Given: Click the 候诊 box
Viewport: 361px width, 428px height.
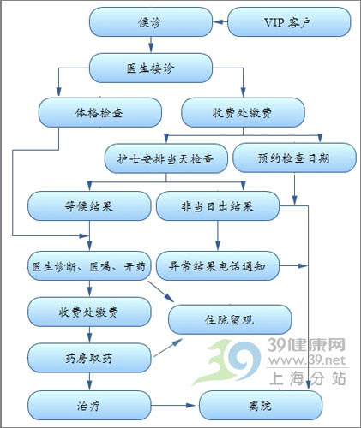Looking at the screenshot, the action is tap(151, 22).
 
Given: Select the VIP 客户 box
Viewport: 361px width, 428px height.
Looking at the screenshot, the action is tap(289, 22).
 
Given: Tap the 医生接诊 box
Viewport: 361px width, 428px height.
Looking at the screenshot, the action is tap(151, 68).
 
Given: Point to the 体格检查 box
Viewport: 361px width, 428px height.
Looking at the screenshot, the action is tap(100, 112).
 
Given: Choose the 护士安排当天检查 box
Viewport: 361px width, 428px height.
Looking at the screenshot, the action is tap(166, 158).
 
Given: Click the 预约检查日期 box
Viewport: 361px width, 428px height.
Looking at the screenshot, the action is tap(294, 158).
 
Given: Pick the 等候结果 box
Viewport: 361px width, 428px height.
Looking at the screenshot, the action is tap(89, 205).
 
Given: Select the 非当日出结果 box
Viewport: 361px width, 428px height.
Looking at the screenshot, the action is tap(218, 205).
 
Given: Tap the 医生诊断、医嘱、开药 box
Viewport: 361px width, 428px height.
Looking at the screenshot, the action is tap(89, 266).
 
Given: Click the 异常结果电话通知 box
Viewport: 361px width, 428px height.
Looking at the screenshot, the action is tap(218, 266).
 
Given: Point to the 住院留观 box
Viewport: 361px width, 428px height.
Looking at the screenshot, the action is tap(230, 319).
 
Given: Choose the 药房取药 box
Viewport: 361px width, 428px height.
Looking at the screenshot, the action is tap(89, 358).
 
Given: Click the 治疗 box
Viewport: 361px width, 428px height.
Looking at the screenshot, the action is tap(89, 406).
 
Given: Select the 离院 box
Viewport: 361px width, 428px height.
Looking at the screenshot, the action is tap(261, 406).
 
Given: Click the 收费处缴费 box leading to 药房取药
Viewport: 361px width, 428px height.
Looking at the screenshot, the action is tap(89, 312).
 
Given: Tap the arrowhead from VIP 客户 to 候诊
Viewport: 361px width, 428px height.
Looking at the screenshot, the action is tap(217, 22).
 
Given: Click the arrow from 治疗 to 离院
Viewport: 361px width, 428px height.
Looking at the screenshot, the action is tap(173, 406).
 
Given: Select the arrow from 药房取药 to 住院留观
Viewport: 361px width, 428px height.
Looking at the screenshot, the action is tap(168, 348).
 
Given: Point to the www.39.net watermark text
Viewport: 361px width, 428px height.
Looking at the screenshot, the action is tap(307, 360).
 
